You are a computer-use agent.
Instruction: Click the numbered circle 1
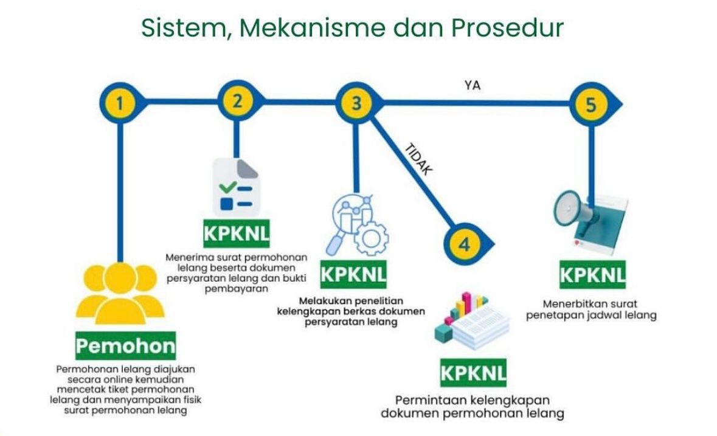coord(120,104)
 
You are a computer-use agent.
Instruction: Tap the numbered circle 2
coord(237,102)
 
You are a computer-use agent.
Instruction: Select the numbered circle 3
coord(356,103)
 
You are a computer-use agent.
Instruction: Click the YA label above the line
coord(472,86)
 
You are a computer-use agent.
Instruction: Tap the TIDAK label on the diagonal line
coord(419,159)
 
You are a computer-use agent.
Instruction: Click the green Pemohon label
coord(125,347)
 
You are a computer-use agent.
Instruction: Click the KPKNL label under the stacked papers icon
coord(474,372)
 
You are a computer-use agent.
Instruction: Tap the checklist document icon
coord(236,185)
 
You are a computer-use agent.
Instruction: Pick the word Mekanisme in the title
coord(304,28)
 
